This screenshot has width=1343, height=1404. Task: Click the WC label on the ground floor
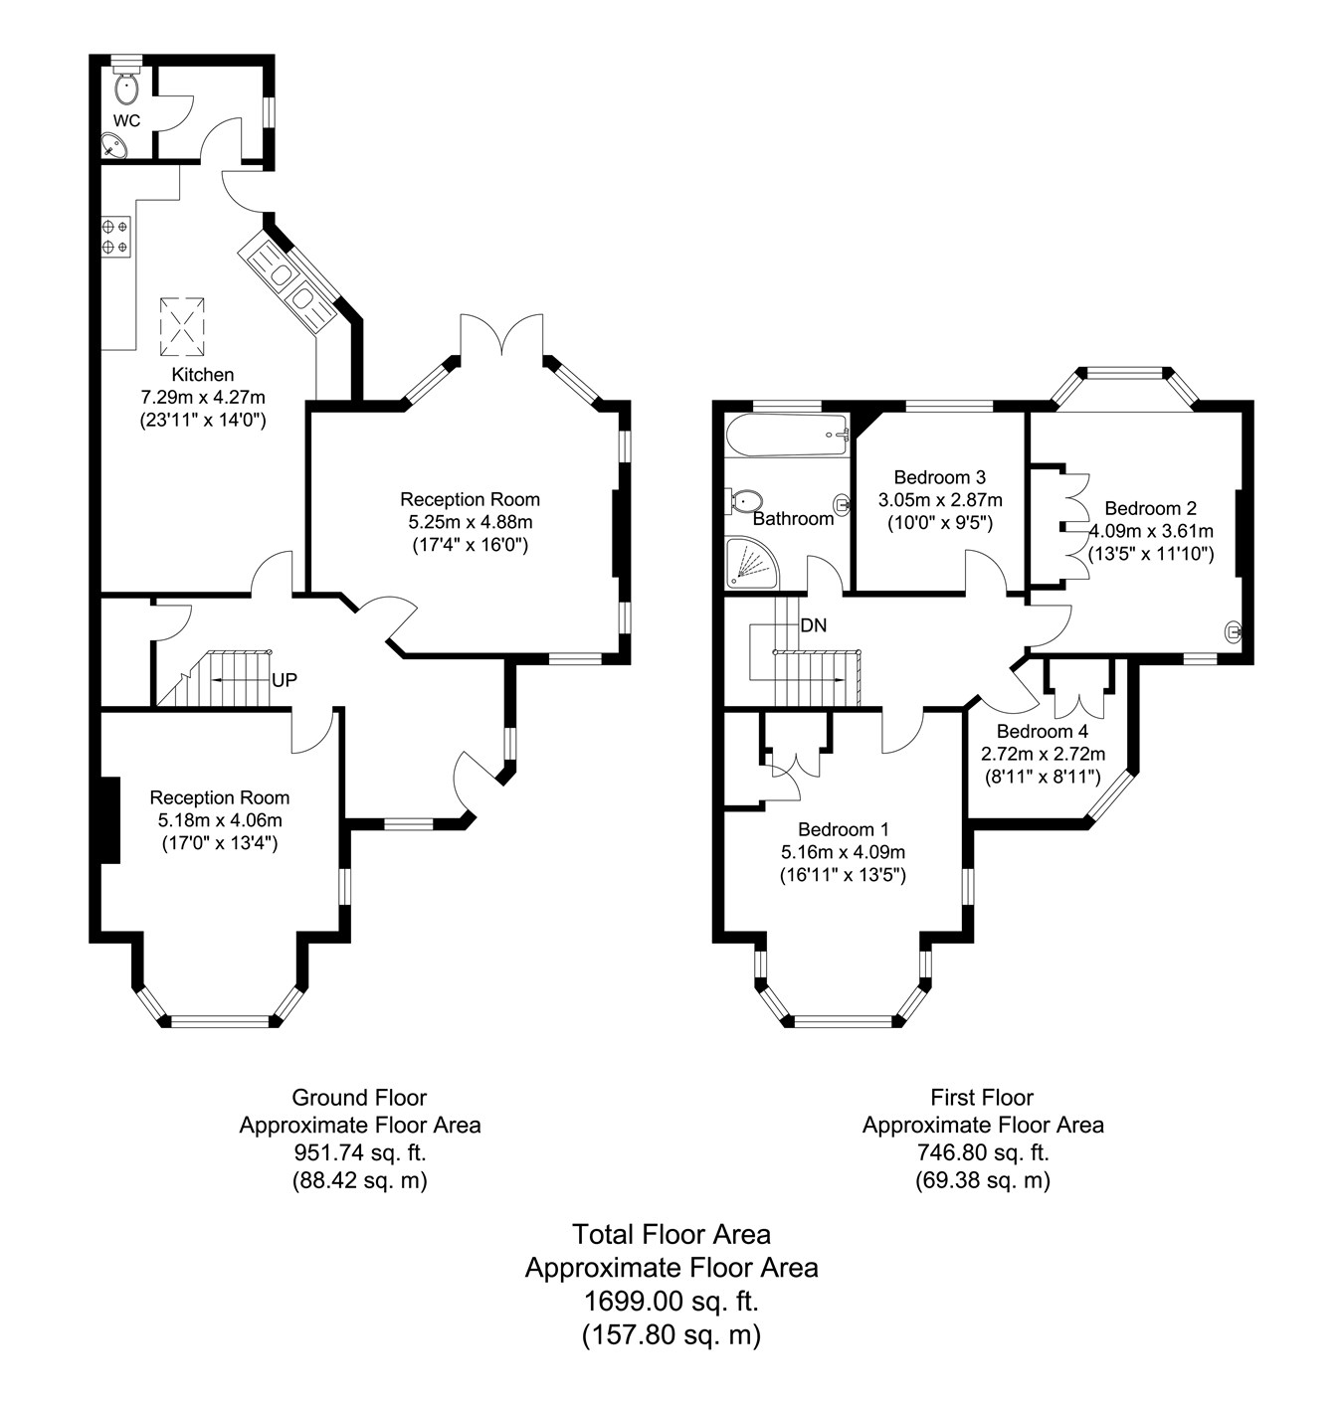(126, 120)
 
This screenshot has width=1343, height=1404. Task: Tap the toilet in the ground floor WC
(125, 86)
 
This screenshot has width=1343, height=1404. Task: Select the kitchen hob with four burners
(116, 237)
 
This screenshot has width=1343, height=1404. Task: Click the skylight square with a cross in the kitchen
(182, 326)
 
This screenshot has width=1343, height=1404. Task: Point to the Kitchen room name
(203, 375)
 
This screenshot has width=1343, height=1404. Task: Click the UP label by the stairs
(285, 680)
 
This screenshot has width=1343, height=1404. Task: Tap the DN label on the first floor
(814, 625)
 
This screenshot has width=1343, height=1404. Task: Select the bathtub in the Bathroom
(787, 436)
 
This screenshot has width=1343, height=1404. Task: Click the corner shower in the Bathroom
(752, 560)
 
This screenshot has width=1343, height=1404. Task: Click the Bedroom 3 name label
(939, 477)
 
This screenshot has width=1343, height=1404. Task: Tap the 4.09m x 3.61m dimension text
(1151, 532)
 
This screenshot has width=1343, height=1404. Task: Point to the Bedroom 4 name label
(1043, 731)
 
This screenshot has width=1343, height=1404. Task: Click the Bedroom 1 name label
(843, 829)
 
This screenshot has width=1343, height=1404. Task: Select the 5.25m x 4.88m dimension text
(471, 522)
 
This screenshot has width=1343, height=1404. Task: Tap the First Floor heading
(982, 1098)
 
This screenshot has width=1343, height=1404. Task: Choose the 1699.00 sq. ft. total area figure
(671, 1302)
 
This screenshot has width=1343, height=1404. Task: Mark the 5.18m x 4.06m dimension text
(220, 820)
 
